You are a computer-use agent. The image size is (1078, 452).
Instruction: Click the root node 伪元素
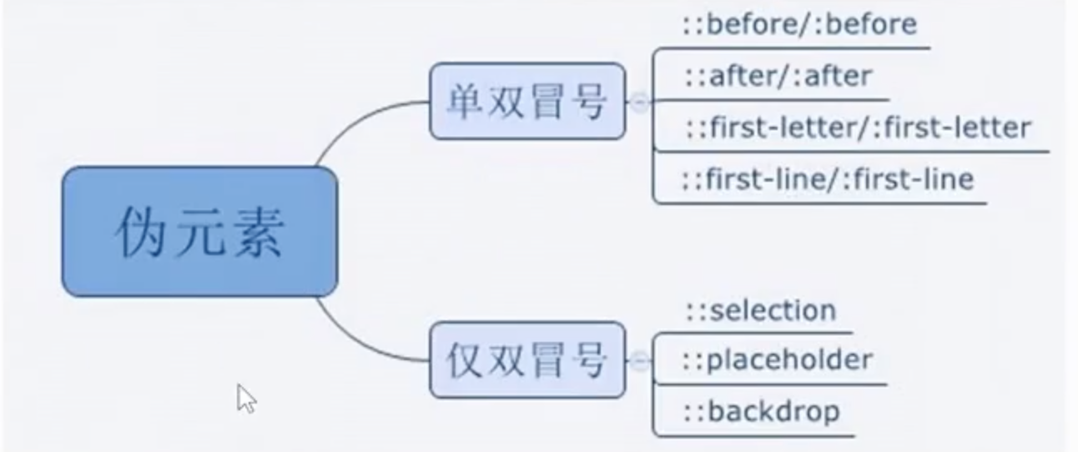199,231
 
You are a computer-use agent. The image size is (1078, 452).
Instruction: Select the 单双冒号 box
527,101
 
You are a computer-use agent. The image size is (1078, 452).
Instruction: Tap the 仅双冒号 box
527,360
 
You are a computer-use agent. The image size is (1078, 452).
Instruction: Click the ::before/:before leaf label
800,24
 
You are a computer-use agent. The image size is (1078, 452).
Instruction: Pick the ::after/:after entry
778,76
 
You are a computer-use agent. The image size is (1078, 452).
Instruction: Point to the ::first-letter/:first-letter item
859,128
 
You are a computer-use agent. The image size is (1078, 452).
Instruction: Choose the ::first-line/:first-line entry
829,179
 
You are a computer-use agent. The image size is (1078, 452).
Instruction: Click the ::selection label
761,310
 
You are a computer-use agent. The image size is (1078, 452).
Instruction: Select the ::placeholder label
778,360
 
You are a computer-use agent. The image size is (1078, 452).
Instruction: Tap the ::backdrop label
762,412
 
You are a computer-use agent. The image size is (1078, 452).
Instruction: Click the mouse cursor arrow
246,399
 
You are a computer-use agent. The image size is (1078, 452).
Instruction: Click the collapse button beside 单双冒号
640,102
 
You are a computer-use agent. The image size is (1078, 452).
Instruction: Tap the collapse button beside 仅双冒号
640,360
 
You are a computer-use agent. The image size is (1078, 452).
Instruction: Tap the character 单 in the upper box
466,102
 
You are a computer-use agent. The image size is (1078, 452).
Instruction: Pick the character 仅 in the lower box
466,360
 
